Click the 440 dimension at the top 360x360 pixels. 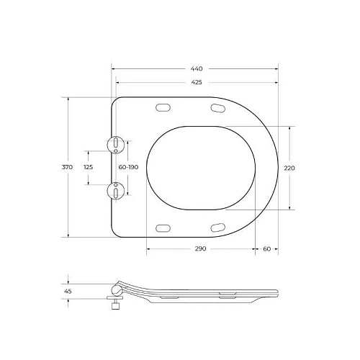click(x=195, y=68)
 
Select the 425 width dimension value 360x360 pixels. click(x=196, y=81)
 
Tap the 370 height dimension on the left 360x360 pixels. click(x=67, y=167)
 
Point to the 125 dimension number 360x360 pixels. click(x=88, y=167)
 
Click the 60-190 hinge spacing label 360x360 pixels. click(x=129, y=167)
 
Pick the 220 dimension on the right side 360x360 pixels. click(x=289, y=168)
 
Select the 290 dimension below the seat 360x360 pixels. click(x=200, y=249)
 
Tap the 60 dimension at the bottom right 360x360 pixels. click(x=267, y=249)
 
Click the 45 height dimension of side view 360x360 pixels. click(x=68, y=291)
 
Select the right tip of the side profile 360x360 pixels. click(x=278, y=291)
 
